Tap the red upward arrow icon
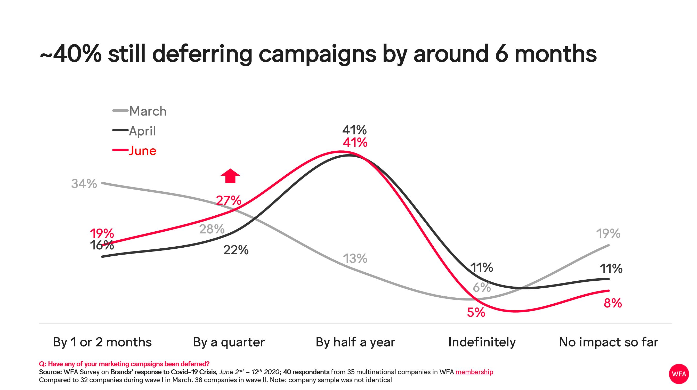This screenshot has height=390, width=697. click(230, 176)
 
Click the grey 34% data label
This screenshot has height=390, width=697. click(84, 184)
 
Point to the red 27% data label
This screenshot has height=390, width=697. click(229, 201)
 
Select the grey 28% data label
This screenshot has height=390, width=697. click(212, 229)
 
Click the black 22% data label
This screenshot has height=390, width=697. click(236, 250)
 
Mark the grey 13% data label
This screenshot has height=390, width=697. click(355, 259)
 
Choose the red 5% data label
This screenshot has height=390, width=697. click(476, 313)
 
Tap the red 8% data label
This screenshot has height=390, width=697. click(613, 303)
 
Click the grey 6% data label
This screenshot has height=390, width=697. click(482, 287)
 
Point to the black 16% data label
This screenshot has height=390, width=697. click(102, 245)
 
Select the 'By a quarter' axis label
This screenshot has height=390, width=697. click(229, 342)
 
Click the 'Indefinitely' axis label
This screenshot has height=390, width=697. click(482, 342)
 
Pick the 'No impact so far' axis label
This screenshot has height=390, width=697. click(609, 342)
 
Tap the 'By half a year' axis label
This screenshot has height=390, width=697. click(355, 342)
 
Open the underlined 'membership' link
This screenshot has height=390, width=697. click(474, 372)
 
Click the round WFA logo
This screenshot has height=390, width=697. click(679, 374)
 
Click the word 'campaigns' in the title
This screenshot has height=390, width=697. click(317, 54)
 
